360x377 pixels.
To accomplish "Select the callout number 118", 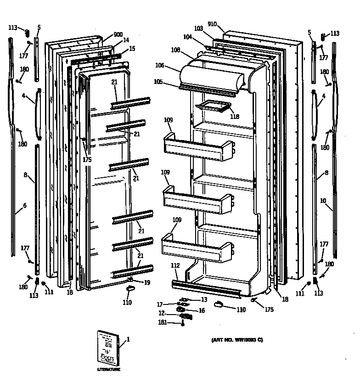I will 234,117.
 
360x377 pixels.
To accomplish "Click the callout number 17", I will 160,304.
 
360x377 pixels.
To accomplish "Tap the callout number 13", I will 204,299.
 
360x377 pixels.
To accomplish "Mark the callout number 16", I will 201,311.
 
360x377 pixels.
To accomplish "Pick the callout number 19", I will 147,282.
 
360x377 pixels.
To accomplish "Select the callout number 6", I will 24,205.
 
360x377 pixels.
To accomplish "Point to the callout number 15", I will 132,48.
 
